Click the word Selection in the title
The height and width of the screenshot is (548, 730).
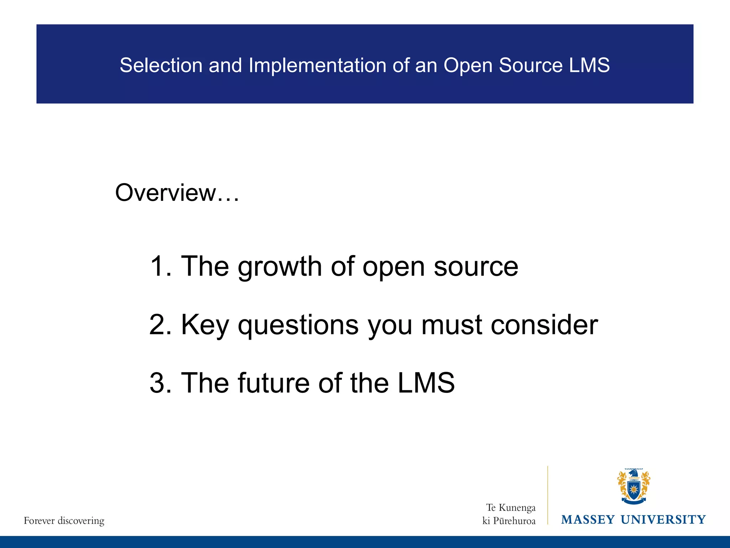coord(161,65)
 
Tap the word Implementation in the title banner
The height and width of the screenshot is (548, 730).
coord(317,65)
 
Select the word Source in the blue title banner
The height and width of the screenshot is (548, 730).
coord(531,65)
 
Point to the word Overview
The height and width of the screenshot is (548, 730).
coord(166,193)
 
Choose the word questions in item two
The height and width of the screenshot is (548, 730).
coord(298,325)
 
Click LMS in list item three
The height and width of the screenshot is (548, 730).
coord(426,383)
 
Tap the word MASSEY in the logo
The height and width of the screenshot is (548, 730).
coord(588,520)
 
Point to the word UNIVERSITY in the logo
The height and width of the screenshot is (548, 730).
coord(663,520)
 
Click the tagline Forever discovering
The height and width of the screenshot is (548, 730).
coord(64,521)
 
